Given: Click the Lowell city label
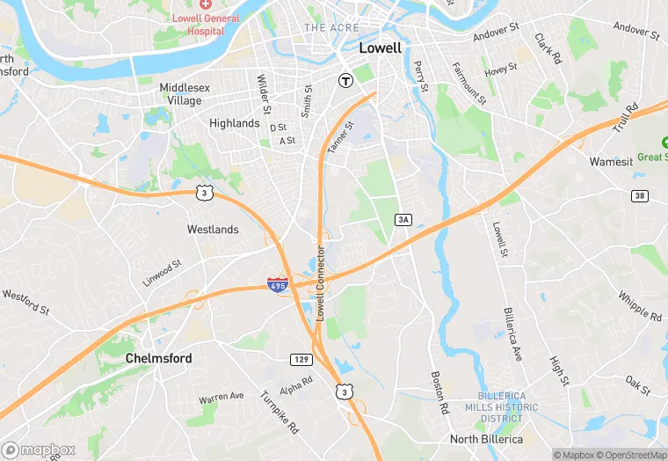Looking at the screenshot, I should tap(381, 48).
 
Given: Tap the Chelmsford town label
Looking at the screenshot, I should tap(158, 358).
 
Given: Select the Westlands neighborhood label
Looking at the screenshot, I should tap(213, 230).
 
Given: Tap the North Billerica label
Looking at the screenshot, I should tap(486, 439).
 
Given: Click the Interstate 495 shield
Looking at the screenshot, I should tap(278, 285).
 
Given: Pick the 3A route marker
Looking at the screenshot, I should tap(403, 219).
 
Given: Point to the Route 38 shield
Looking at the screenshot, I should tap(639, 195).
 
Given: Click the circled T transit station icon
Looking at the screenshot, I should tap(346, 79).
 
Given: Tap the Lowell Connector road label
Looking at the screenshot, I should tap(321, 282).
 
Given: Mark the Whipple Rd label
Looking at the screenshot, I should tap(639, 306).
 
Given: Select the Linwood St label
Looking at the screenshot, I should tap(162, 273).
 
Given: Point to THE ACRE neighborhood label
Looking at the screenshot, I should tap(331, 28).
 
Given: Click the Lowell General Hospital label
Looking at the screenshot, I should tap(206, 24).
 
